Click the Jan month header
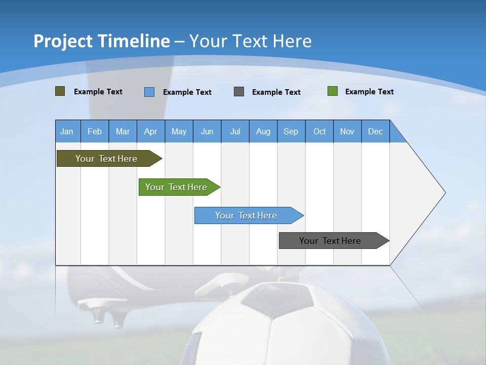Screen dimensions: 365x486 tap(67, 131)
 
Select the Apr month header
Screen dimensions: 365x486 tap(151, 131)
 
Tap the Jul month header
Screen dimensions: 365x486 tap(235, 131)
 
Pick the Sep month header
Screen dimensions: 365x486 tap(291, 131)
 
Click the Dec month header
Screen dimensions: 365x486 tap(375, 131)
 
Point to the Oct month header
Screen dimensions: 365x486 tap(319, 131)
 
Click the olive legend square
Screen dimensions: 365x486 tap(60, 91)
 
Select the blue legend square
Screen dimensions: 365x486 tap(149, 92)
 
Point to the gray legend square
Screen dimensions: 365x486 tap(239, 92)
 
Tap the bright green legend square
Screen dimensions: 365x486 tap(333, 91)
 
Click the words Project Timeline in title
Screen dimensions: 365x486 tap(101, 41)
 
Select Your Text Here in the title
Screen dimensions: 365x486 tap(250, 41)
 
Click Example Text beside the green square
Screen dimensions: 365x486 tap(369, 92)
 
